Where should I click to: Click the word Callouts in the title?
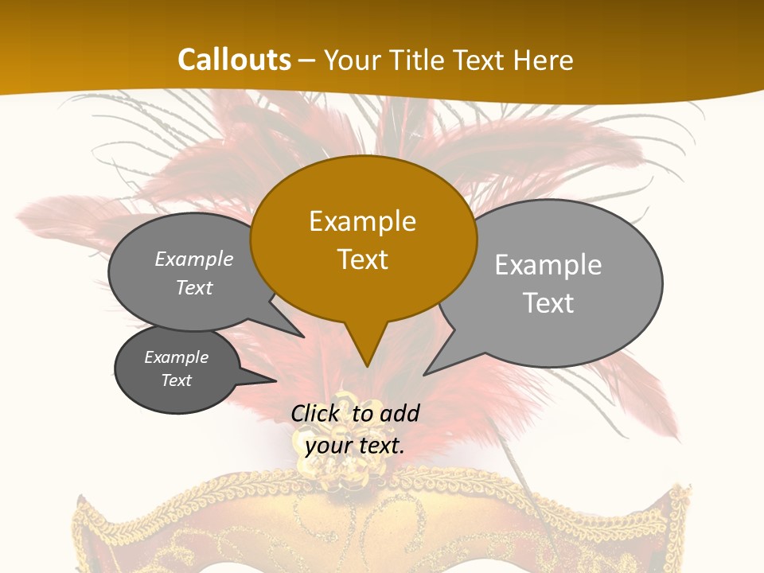point(234,60)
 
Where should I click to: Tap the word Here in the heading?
point(543,60)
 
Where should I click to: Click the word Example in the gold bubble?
point(363,221)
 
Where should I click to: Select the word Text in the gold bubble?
point(363,259)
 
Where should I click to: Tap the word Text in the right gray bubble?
point(549,303)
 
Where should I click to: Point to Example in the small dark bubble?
point(177,357)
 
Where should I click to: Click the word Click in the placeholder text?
point(317,413)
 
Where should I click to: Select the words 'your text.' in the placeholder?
point(355,446)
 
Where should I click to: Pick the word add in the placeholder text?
point(400,413)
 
